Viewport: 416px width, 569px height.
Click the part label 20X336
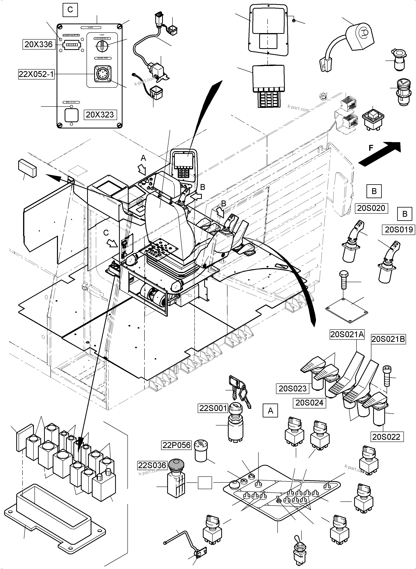pyautogui.click(x=39, y=45)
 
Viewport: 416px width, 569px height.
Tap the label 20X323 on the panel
pyautogui.click(x=100, y=115)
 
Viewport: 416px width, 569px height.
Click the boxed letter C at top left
pyautogui.click(x=70, y=10)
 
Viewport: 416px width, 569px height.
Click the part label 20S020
pyautogui.click(x=371, y=208)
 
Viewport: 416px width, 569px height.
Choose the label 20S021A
pyautogui.click(x=347, y=334)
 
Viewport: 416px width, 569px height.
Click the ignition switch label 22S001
pyautogui.click(x=213, y=408)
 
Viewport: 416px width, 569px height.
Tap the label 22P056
pyautogui.click(x=176, y=445)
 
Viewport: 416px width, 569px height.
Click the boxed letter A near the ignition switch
pyautogui.click(x=271, y=411)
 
